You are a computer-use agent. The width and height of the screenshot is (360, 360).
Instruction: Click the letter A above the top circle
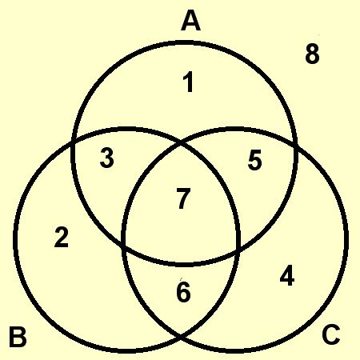190,22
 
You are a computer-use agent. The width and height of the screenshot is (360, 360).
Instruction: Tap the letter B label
18,337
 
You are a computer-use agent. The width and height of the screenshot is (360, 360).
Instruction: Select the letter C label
331,334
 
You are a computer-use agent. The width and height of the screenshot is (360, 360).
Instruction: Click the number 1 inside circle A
189,82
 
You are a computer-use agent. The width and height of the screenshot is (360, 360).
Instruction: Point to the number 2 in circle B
62,237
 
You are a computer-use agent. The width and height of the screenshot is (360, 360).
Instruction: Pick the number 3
107,158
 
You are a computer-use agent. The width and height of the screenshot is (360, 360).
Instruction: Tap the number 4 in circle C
287,276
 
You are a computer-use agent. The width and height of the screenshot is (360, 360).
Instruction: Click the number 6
183,292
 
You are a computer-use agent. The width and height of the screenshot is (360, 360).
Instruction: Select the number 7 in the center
183,198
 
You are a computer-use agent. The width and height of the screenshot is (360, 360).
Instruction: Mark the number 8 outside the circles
312,54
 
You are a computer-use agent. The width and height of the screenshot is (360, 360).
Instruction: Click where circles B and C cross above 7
181,145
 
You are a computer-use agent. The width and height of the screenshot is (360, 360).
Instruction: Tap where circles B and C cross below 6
181,338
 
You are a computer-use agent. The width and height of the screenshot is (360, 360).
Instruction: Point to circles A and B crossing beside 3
73,142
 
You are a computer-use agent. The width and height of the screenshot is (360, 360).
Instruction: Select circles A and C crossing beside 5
295,146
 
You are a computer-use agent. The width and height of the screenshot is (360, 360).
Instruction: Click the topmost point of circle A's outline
185,42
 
